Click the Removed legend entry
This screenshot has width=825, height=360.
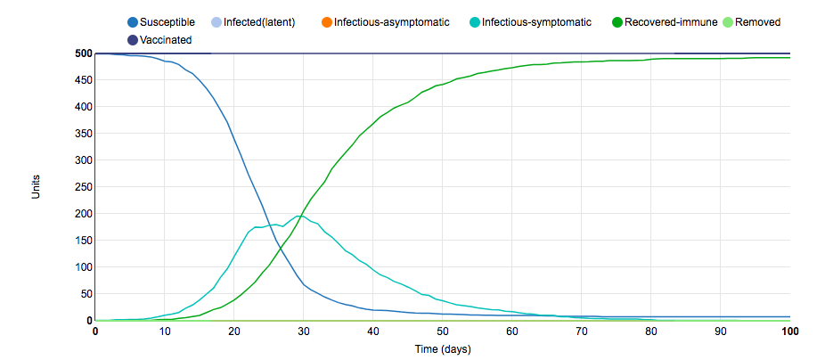(757, 21)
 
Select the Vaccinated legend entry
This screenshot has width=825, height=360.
(166, 39)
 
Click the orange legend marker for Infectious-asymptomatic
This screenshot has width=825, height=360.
(326, 21)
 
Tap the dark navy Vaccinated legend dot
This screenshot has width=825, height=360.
(133, 39)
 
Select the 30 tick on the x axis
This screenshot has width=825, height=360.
(304, 331)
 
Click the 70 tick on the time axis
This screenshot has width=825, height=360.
(582, 331)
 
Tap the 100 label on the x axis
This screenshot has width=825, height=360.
(789, 331)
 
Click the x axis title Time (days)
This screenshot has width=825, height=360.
(443, 348)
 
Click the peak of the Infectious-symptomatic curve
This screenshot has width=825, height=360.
(300, 216)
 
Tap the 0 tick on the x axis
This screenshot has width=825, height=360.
(95, 331)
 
